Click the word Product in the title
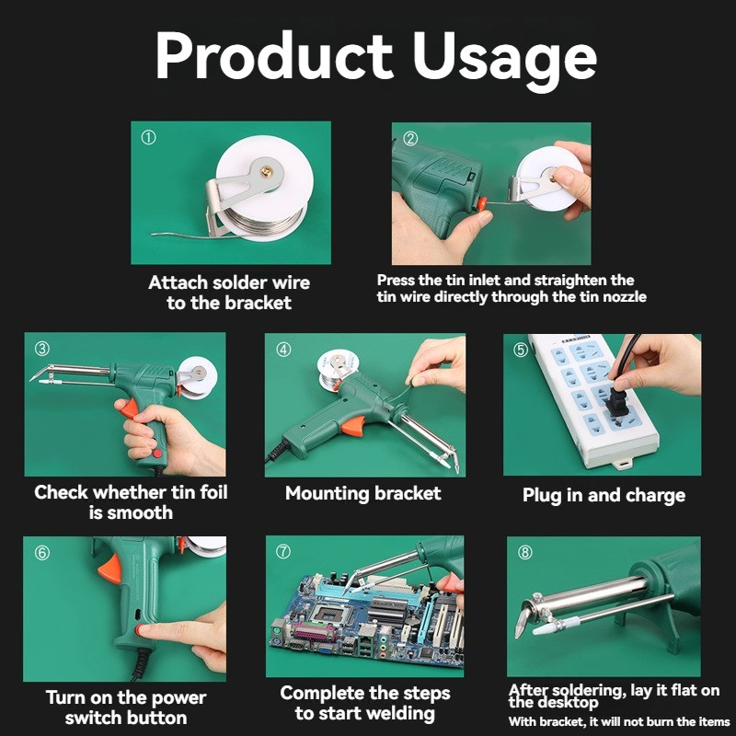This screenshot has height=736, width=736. [x=274, y=55]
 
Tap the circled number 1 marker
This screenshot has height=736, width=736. [x=148, y=137]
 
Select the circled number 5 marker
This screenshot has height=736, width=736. [x=521, y=350]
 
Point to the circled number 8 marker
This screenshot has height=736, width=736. [x=524, y=553]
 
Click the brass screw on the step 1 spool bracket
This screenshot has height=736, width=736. [x=267, y=172]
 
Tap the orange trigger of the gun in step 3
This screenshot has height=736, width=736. [x=130, y=408]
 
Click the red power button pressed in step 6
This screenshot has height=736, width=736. [x=140, y=630]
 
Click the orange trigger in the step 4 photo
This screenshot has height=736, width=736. [x=353, y=426]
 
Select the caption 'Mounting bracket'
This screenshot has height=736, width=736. [x=362, y=493]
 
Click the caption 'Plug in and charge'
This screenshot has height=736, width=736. [x=604, y=495]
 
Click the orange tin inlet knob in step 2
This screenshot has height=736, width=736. [x=481, y=203]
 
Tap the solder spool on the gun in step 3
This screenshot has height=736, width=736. [x=200, y=376]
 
